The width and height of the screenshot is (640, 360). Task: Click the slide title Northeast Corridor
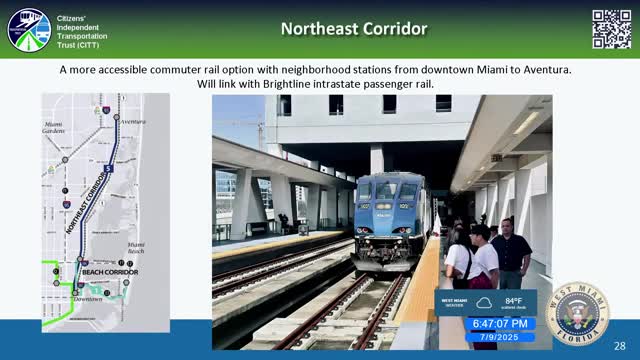[354, 28]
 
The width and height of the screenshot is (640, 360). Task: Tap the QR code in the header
[611, 29]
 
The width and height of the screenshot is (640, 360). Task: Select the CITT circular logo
[28, 29]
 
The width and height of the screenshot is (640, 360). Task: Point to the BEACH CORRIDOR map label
[109, 272]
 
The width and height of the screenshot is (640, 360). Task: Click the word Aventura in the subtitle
[550, 70]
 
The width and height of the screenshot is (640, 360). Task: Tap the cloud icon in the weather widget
[484, 301]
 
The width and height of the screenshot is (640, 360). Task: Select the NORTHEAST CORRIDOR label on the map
[88, 201]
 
